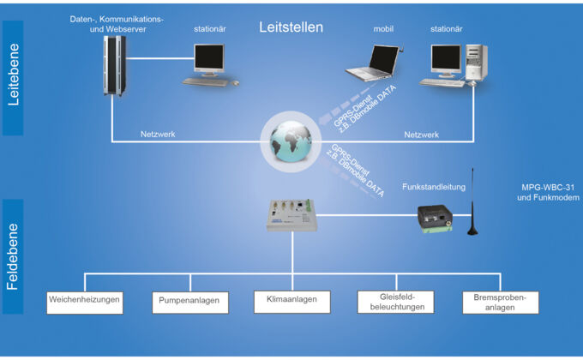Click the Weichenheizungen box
84,302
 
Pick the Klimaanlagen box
292,300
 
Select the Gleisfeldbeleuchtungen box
395,302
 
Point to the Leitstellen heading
291,27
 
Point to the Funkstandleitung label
435,186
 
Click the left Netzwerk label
158,135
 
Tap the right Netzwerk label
421,135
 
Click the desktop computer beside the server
209,65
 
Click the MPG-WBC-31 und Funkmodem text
550,192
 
